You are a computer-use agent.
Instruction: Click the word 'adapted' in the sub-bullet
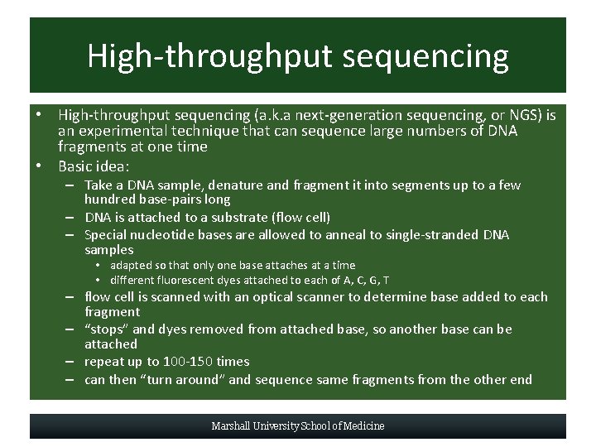132,266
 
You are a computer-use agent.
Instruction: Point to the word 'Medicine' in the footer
364,426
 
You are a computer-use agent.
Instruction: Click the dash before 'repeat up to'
73,362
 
